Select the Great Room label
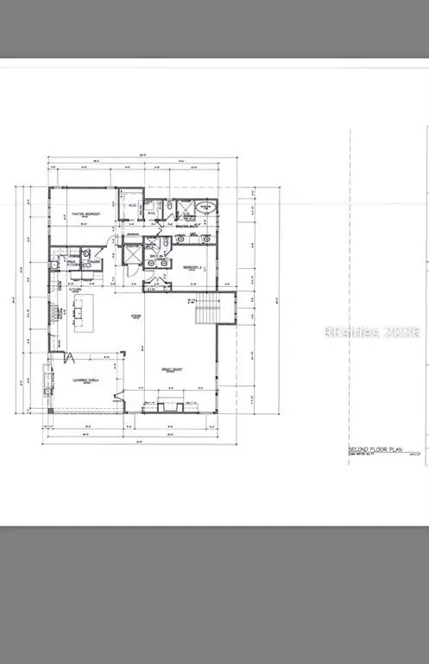(173, 369)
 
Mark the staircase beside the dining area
(206, 308)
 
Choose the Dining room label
(136, 316)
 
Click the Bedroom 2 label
(192, 267)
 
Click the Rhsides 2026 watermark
(370, 332)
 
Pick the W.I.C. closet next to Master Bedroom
(129, 208)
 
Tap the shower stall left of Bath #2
(133, 256)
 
